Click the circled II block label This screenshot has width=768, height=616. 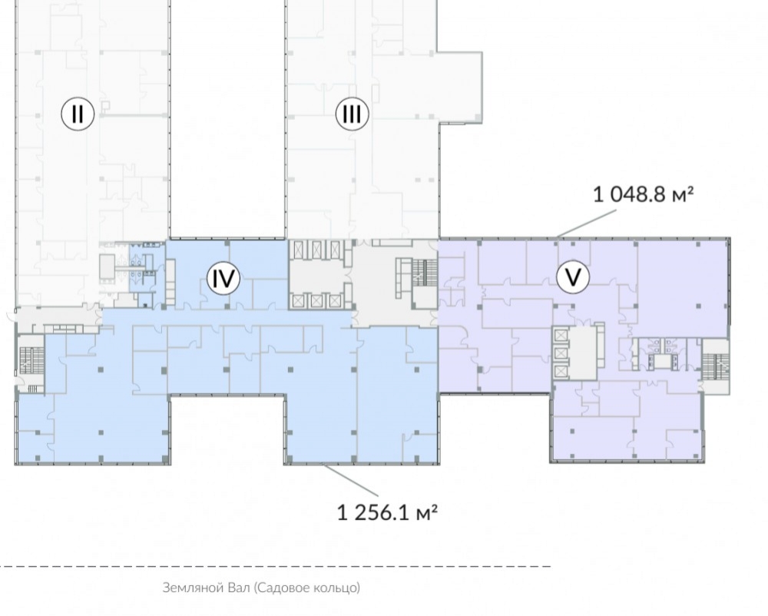78,114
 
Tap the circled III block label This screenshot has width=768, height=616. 352,114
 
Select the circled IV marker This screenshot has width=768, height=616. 223,278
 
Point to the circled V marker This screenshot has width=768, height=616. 573,277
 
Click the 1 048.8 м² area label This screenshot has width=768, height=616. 643,194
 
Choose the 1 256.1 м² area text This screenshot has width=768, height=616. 387,512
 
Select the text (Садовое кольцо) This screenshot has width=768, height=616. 307,588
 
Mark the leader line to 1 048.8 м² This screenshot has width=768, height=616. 586,224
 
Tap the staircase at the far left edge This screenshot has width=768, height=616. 31,360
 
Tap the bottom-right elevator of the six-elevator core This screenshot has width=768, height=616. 335,300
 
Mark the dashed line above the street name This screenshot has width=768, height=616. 275,566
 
